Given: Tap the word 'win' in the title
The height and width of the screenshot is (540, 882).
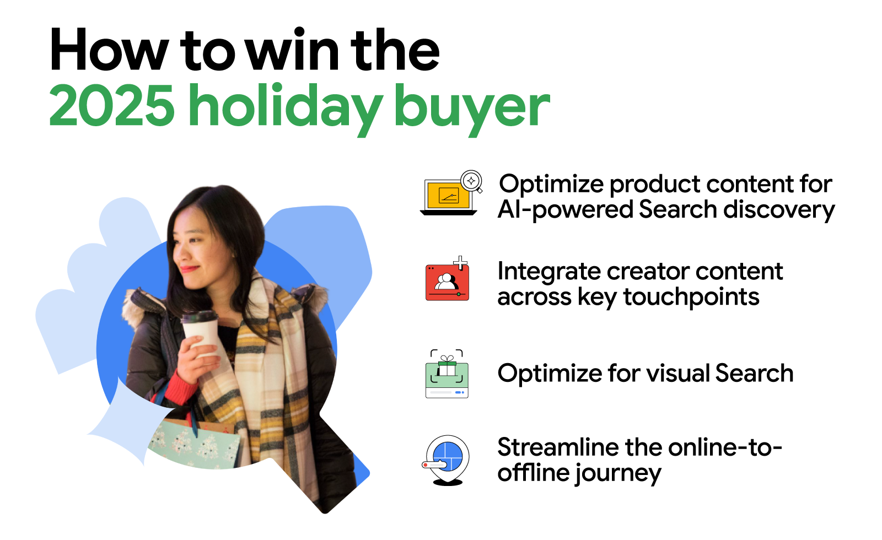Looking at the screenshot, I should pyautogui.click(x=292, y=51).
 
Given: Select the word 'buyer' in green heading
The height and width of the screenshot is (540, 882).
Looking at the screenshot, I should pyautogui.click(x=472, y=107).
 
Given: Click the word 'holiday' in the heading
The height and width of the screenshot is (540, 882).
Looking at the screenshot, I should pyautogui.click(x=286, y=106).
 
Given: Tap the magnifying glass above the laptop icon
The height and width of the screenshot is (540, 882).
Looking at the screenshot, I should pyautogui.click(x=472, y=181).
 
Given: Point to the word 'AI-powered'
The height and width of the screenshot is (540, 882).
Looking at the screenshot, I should pyautogui.click(x=565, y=210).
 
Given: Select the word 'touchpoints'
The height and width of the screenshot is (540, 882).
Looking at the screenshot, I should pyautogui.click(x=691, y=298).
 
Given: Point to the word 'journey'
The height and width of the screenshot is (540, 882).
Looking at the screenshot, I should pyautogui.click(x=617, y=473).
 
